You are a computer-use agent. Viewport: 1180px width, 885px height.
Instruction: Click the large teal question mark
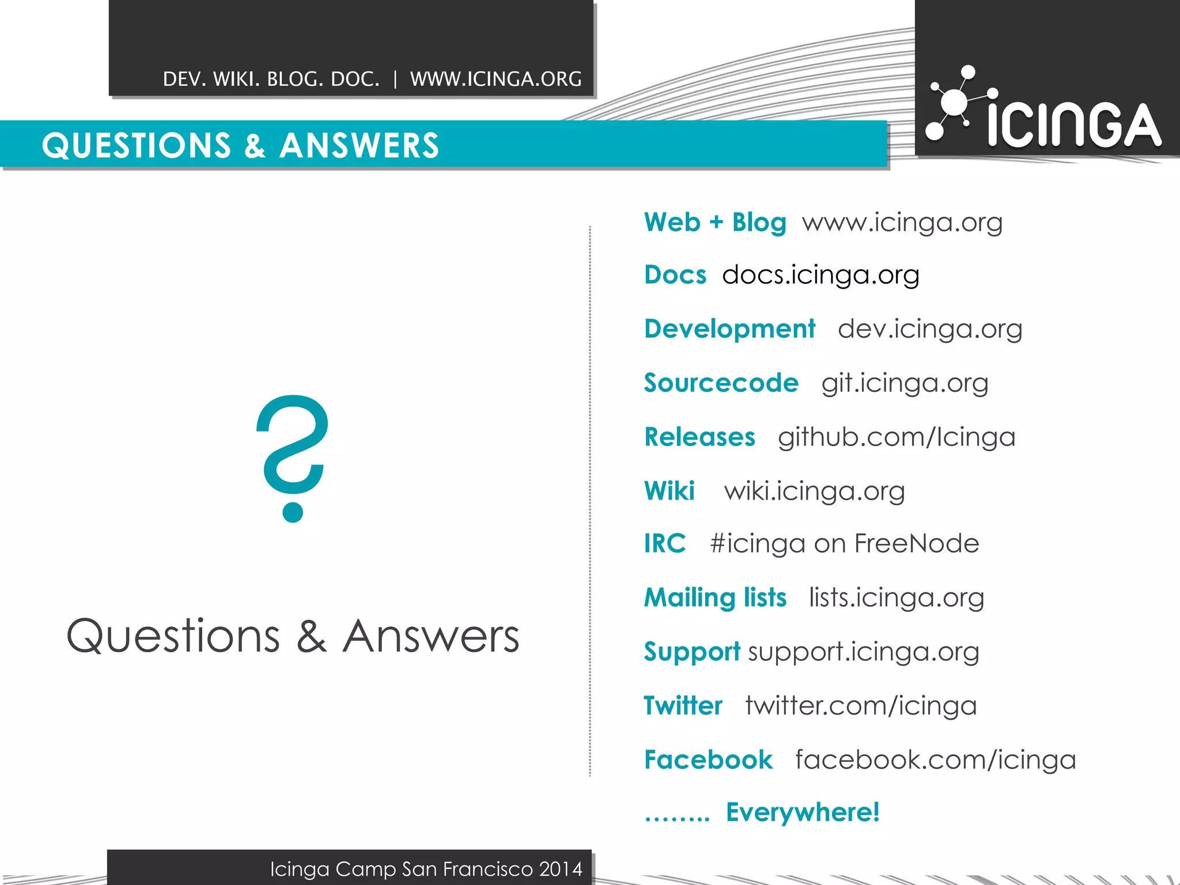(293, 458)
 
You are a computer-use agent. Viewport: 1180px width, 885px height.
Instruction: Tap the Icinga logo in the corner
(1044, 109)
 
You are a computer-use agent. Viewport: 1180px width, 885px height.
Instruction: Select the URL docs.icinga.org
(820, 275)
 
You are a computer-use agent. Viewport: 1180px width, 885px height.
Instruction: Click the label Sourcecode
(721, 383)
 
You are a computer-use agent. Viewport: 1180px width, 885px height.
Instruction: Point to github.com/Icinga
(897, 437)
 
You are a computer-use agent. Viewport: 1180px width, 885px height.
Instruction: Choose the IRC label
(665, 543)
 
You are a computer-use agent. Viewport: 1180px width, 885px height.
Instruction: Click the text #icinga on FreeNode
(845, 543)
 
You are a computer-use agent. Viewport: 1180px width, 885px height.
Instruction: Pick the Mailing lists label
(715, 597)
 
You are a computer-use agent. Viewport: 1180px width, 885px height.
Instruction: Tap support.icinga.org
(864, 652)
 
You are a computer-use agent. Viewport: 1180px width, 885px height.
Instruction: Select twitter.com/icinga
(861, 706)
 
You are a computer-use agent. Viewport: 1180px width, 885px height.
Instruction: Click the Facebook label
(708, 760)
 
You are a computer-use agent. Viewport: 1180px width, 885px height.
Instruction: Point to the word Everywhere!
(803, 812)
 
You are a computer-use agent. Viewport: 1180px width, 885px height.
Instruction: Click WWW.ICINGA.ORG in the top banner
(496, 79)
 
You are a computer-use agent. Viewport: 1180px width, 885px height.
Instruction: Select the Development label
(729, 329)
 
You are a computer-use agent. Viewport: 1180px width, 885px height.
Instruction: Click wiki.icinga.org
(815, 491)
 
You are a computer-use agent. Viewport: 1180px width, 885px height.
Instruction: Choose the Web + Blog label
(715, 222)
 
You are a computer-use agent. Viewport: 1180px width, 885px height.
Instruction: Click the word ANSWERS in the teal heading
(359, 145)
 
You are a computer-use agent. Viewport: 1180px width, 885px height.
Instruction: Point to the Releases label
(699, 437)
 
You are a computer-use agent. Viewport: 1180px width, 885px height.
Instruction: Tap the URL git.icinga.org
(905, 383)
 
